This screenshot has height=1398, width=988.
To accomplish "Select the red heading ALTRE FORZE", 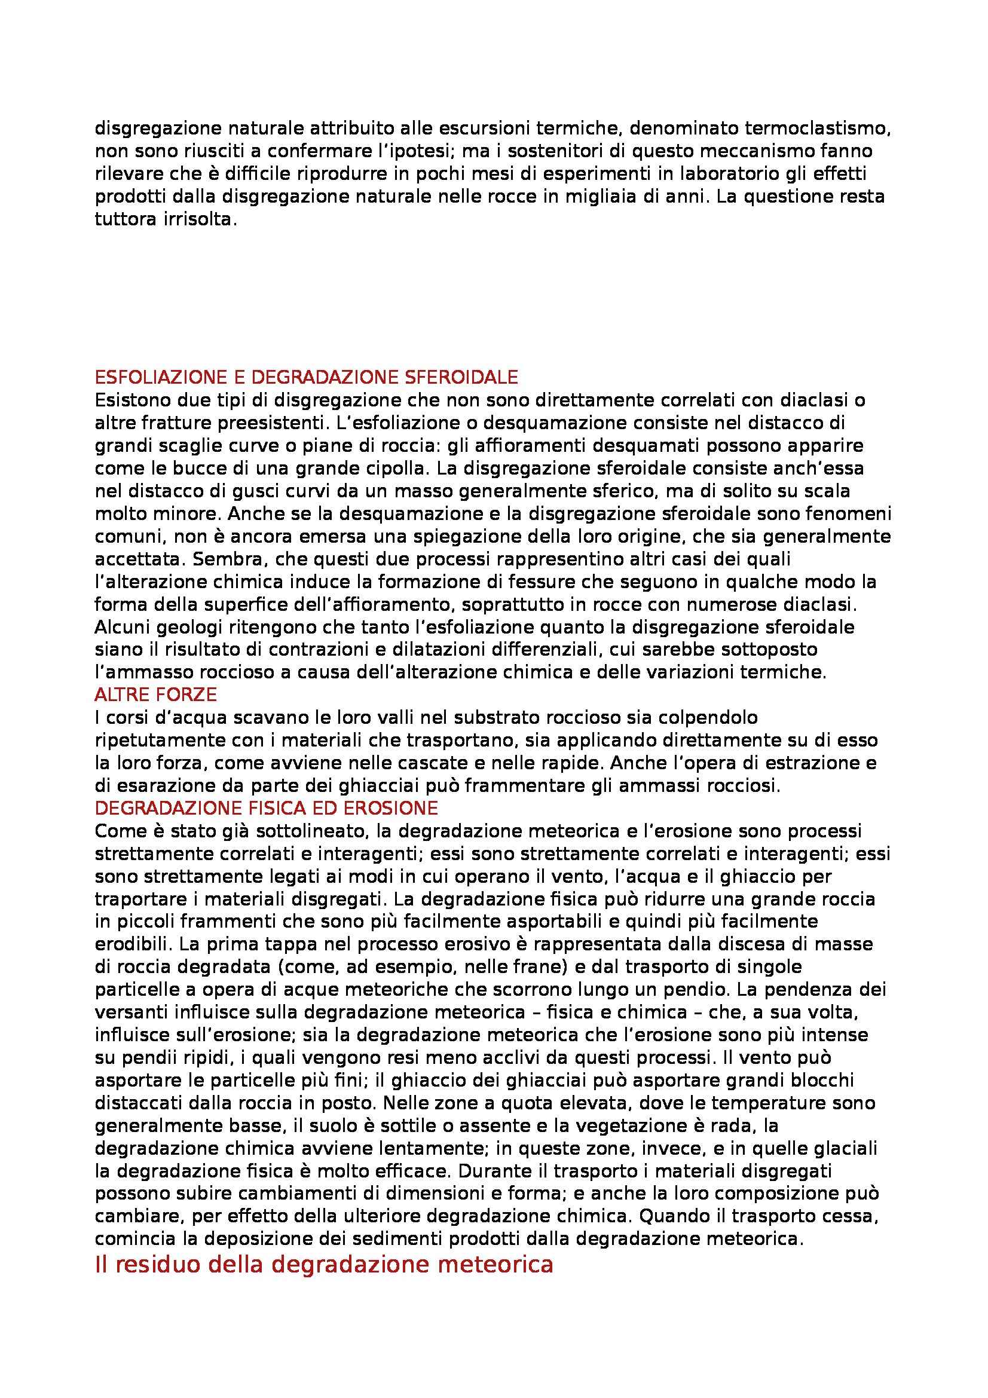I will (x=156, y=695).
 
